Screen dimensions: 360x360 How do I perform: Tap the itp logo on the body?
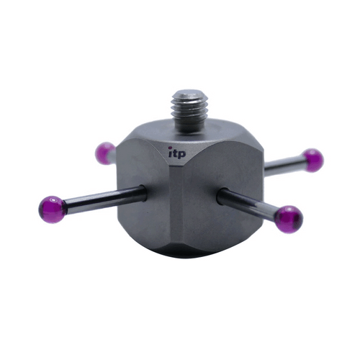coord(177,153)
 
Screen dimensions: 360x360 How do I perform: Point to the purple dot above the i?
coord(170,148)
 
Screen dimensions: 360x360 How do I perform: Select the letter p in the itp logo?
coord(182,154)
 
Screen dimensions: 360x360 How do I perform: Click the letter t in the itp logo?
coord(176,153)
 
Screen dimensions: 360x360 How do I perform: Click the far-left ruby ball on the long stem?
coord(53,210)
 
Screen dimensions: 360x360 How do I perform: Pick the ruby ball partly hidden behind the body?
coord(105,153)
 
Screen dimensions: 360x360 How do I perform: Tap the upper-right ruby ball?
coord(313,161)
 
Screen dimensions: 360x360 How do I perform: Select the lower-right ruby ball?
coord(289,220)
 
